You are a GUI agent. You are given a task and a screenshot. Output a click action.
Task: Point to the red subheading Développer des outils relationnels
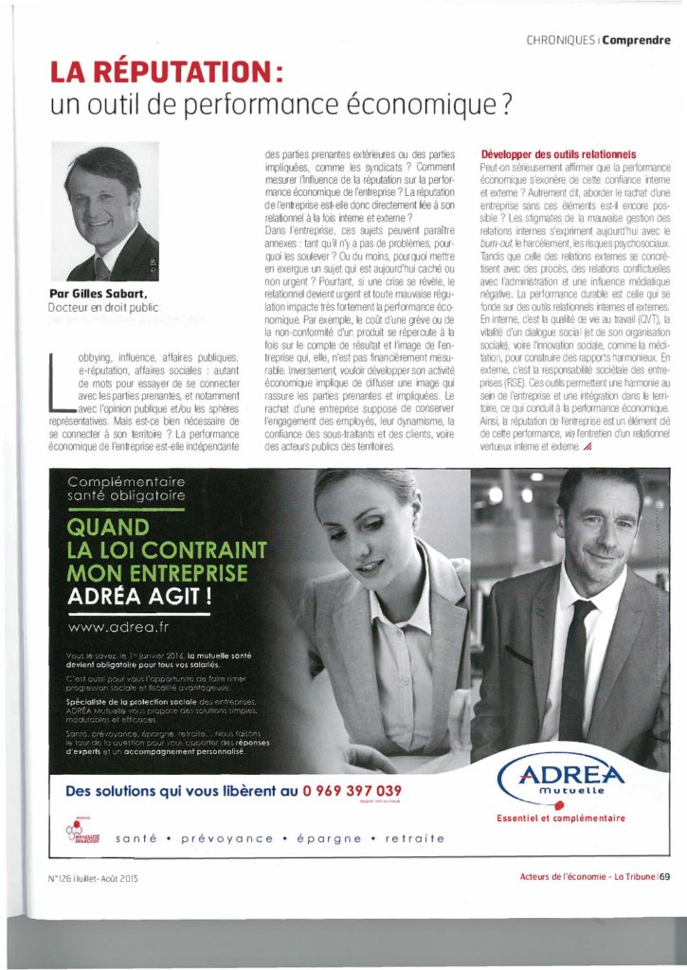click(558, 154)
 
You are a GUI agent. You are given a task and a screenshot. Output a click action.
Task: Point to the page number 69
click(665, 875)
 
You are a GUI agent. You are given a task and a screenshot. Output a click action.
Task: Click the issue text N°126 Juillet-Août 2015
click(93, 877)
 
